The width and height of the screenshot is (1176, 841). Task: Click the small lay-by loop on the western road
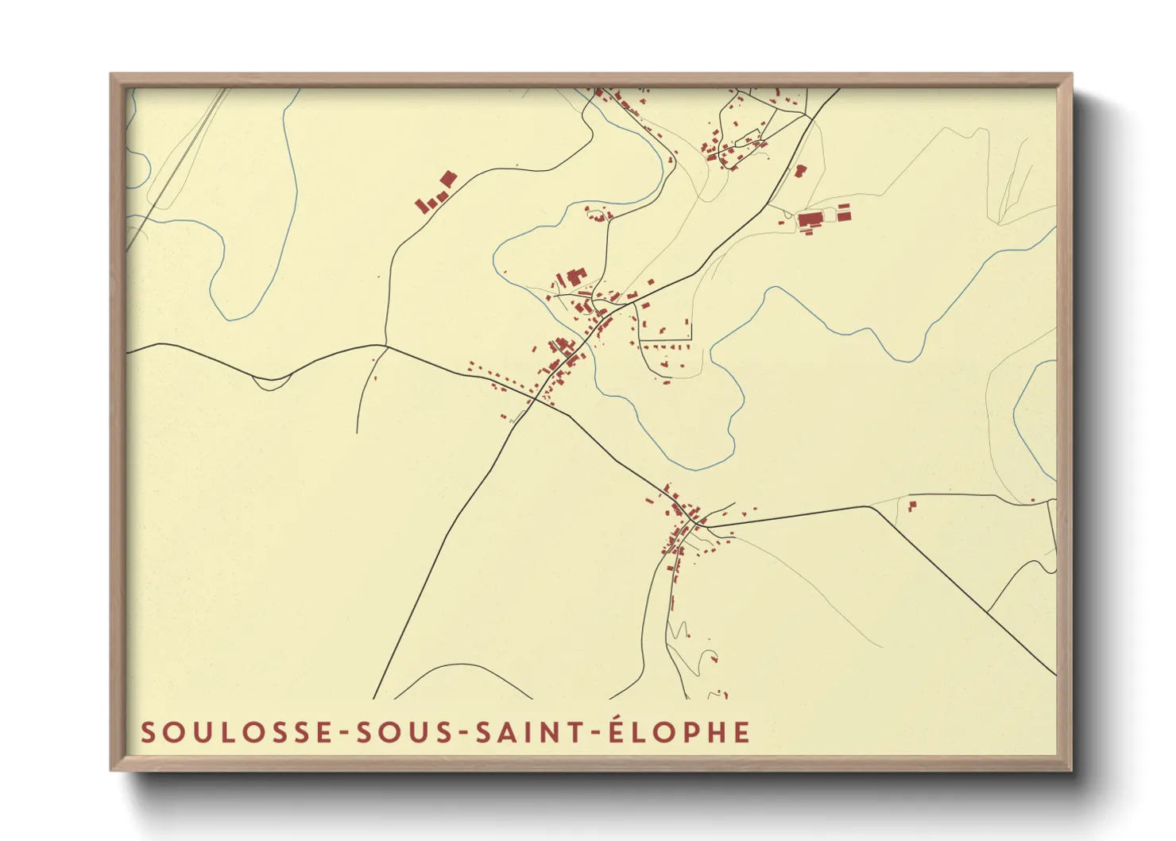270,384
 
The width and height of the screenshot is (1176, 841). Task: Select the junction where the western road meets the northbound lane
386,346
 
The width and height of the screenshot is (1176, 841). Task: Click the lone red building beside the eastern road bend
912,505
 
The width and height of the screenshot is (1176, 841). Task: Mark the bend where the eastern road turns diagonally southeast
872,506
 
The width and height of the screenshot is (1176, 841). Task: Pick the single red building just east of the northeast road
801,170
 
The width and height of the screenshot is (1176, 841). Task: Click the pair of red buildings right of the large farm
844,211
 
